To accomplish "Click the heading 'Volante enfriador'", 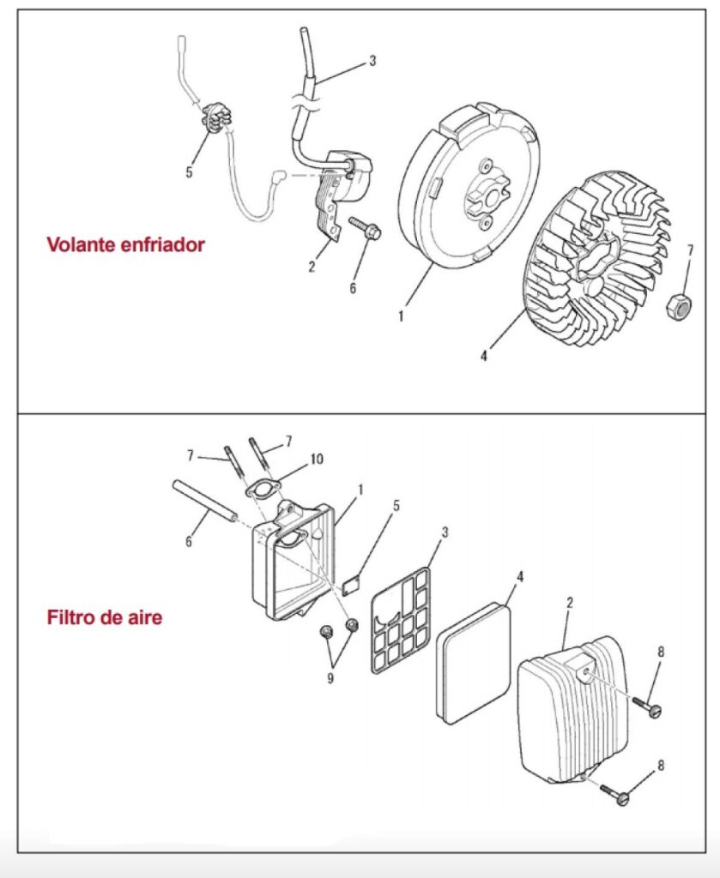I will tap(125, 245).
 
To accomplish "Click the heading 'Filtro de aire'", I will tap(104, 617).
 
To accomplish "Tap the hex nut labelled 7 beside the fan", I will tap(679, 304).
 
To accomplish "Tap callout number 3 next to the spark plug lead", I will tap(372, 61).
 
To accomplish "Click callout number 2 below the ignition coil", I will tap(312, 267).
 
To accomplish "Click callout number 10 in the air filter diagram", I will tap(317, 460).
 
